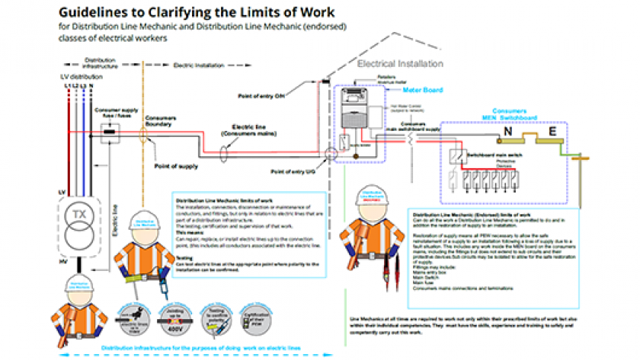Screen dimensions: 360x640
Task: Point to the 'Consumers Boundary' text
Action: [160, 120]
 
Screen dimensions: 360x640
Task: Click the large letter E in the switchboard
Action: [552, 132]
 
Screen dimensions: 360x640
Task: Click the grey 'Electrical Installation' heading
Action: [400, 64]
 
